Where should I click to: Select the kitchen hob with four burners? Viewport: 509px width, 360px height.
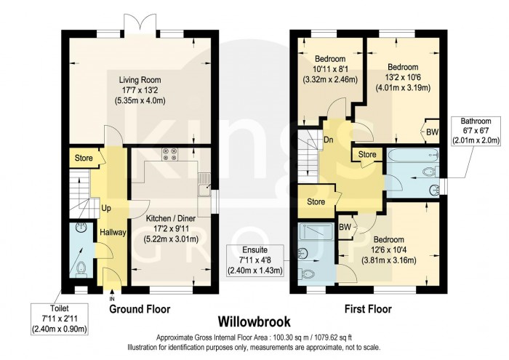pyautogui.click(x=171, y=154)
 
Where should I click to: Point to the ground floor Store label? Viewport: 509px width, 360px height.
pyautogui.click(x=84, y=158)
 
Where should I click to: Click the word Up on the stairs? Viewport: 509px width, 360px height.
pyautogui.click(x=105, y=208)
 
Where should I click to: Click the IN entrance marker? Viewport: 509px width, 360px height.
pyautogui.click(x=112, y=299)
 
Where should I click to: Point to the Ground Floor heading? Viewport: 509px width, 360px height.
pyautogui.click(x=140, y=309)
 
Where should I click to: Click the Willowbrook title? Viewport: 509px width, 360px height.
pyautogui.click(x=254, y=321)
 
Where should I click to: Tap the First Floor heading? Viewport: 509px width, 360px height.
pyautogui.click(x=368, y=309)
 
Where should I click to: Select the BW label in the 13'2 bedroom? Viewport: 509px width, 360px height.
pyautogui.click(x=432, y=132)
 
